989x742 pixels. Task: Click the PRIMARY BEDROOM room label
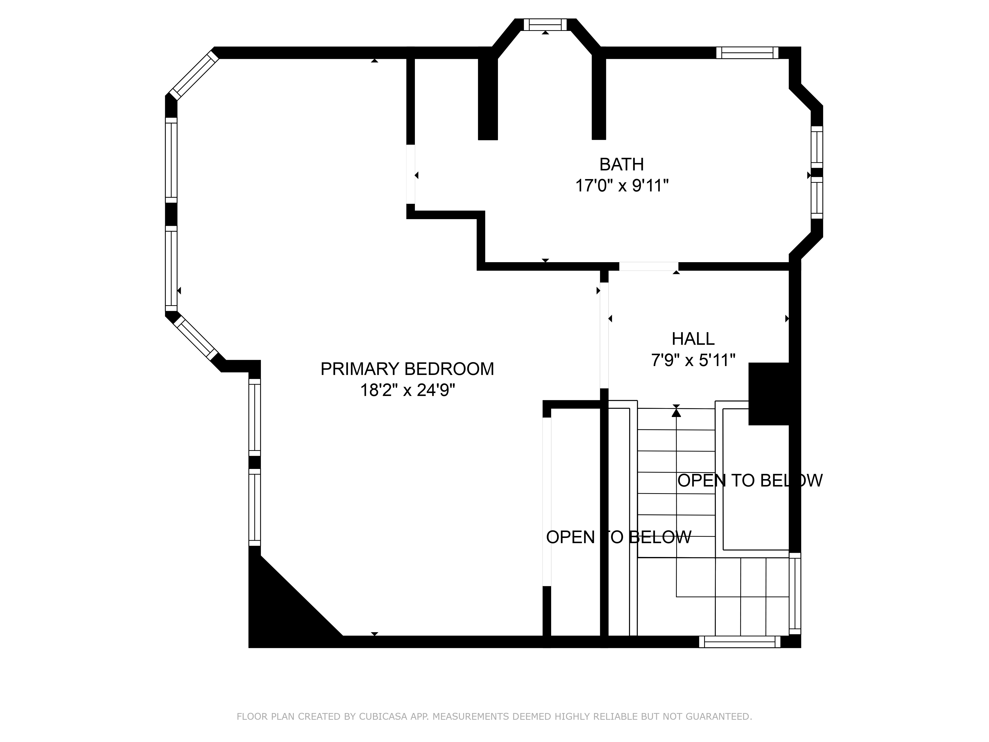(x=407, y=369)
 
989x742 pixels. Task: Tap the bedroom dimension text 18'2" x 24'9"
(x=407, y=391)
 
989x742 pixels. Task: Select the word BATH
(x=622, y=164)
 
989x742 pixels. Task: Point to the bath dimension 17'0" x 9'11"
(x=622, y=185)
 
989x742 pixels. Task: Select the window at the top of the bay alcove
(x=545, y=24)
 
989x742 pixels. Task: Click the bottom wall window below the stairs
(x=740, y=642)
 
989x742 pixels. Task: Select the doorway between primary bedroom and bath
(x=410, y=174)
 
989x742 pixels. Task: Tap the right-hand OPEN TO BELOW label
(x=750, y=480)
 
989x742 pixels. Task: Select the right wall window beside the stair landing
(x=795, y=593)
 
